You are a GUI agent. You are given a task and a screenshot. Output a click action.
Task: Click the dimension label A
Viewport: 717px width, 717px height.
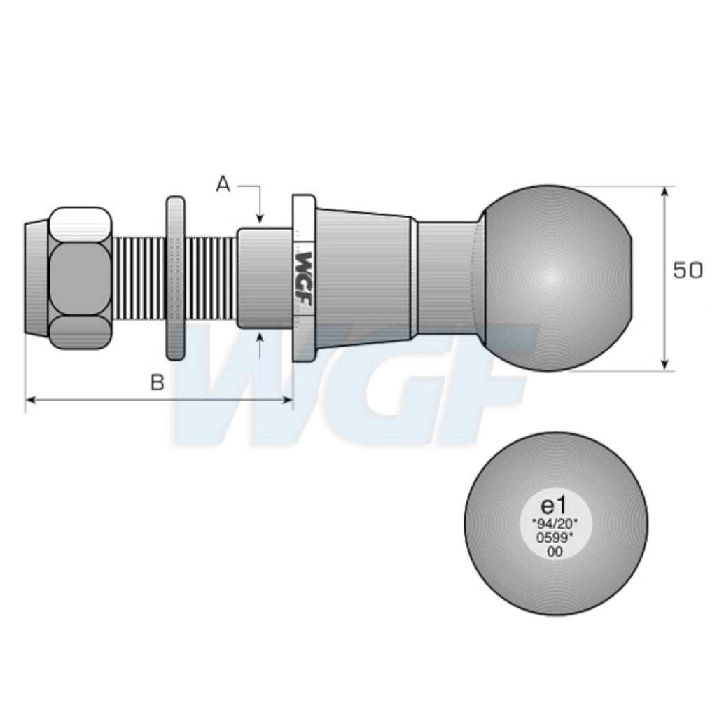click(223, 185)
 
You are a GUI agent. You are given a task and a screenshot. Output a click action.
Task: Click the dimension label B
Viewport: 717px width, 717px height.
click(158, 382)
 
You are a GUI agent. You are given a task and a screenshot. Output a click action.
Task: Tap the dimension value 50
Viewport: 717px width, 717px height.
click(688, 271)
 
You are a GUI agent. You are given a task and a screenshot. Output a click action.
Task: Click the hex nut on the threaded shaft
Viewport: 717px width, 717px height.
click(80, 278)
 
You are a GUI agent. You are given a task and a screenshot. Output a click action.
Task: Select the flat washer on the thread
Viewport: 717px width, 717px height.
click(175, 278)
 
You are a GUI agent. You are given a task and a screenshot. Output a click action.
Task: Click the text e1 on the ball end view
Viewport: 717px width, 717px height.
click(554, 506)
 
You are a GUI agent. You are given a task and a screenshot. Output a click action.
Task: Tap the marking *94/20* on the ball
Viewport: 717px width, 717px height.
click(555, 522)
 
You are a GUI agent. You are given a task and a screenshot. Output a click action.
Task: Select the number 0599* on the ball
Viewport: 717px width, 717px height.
click(555, 537)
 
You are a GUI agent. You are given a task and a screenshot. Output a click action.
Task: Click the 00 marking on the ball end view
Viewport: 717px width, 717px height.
click(555, 552)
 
